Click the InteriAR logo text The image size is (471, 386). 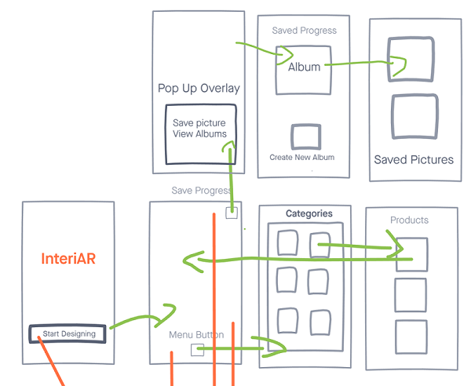pyautogui.click(x=69, y=259)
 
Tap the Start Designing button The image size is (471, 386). pyautogui.click(x=68, y=333)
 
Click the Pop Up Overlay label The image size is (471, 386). pyautogui.click(x=199, y=88)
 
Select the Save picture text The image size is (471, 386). pyautogui.click(x=199, y=123)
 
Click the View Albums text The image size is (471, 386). pyautogui.click(x=199, y=134)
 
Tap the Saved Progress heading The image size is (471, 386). pyautogui.click(x=304, y=31)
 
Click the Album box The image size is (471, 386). pyautogui.click(x=304, y=67)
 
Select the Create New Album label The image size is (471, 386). pyautogui.click(x=301, y=157)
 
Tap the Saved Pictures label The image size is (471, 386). pyautogui.click(x=413, y=159)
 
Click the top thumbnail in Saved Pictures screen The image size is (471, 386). pyautogui.click(x=412, y=60)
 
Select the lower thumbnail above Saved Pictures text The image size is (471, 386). pyautogui.click(x=413, y=117)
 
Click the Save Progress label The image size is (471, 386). pyautogui.click(x=201, y=191)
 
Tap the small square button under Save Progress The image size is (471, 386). pyautogui.click(x=231, y=213)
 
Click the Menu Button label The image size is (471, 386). pyautogui.click(x=196, y=335)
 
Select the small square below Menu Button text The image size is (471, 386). pyautogui.click(x=197, y=350)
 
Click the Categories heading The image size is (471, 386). pyautogui.click(x=309, y=213)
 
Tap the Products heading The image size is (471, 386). pyautogui.click(x=409, y=220)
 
